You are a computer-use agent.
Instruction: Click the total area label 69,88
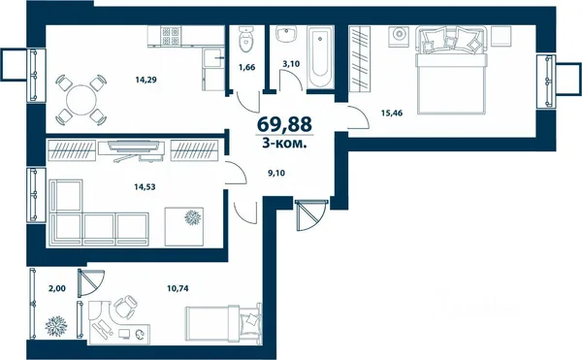(284, 124)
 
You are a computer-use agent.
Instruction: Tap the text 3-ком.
(284, 144)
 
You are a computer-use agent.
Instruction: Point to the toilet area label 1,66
(246, 68)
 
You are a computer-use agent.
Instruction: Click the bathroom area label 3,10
(291, 64)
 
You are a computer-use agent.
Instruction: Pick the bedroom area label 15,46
(392, 113)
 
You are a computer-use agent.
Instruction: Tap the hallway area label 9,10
(276, 173)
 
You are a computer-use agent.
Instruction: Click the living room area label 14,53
(145, 186)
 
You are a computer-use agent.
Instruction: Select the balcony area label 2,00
(57, 288)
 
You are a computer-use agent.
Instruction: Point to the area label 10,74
(178, 288)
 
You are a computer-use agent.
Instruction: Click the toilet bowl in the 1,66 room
(245, 39)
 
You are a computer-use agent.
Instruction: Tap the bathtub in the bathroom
(319, 57)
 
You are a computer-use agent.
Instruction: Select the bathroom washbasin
(287, 34)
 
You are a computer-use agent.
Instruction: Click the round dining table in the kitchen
(81, 100)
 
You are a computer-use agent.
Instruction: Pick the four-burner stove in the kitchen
(171, 36)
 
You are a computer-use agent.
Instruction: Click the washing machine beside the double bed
(399, 36)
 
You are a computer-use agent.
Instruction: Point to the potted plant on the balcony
(56, 326)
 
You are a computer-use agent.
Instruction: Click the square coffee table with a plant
(184, 226)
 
